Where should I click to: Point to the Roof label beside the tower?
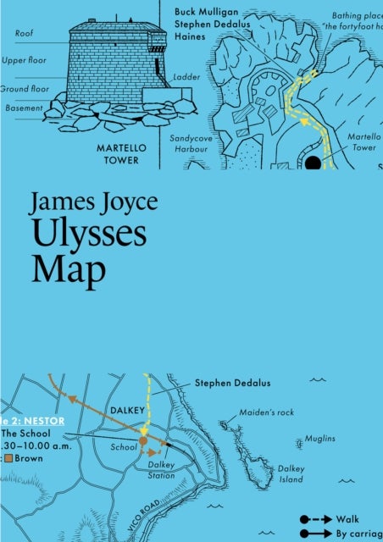[x=25, y=34]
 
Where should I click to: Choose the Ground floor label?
[x=21, y=88]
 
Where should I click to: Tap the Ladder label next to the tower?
[x=186, y=76]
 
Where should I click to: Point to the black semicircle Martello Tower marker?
[x=313, y=163]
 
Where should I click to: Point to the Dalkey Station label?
[x=160, y=470]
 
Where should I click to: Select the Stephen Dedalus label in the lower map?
[x=232, y=383]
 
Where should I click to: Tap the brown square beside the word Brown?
[x=8, y=458]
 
